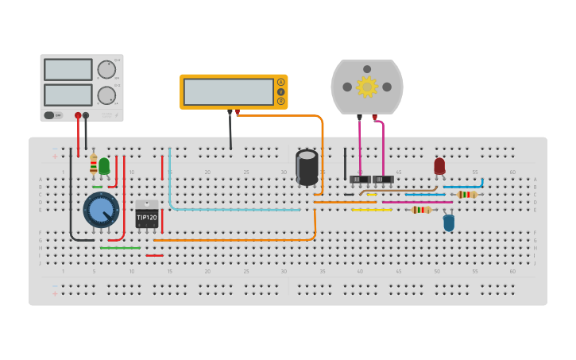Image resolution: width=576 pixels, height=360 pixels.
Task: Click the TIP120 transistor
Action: click(146, 215)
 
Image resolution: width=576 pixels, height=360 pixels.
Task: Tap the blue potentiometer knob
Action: click(101, 210)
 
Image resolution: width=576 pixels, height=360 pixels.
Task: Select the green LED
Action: click(104, 165)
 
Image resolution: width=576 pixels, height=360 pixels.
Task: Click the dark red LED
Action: click(439, 166)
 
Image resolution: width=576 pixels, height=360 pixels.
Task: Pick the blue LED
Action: click(449, 223)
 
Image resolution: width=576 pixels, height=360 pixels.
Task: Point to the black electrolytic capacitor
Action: click(307, 168)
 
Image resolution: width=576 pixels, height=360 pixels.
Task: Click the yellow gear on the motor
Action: click(366, 87)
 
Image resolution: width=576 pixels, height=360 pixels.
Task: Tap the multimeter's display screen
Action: click(229, 92)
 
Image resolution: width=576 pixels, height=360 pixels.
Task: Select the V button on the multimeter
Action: click(280, 92)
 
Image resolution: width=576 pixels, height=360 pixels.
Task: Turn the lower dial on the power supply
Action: click(106, 96)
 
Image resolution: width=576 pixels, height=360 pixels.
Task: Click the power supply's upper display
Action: click(68, 70)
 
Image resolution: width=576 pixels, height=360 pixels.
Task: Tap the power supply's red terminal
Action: click(78, 115)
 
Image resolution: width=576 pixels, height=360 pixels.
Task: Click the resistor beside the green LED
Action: click(94, 165)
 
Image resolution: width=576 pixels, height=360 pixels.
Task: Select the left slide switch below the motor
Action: click(360, 180)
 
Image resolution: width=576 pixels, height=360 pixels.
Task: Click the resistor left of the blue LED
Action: click(421, 210)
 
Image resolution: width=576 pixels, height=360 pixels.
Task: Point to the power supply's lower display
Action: click(68, 95)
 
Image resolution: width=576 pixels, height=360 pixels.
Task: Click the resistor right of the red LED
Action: click(467, 195)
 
